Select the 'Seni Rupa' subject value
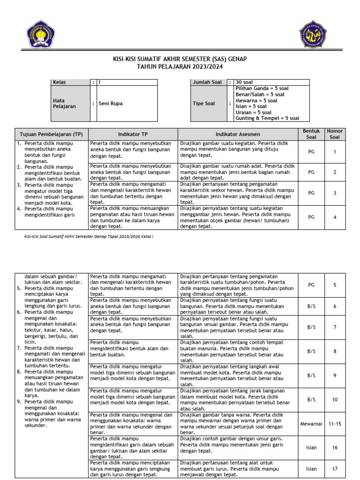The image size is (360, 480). click(111, 104)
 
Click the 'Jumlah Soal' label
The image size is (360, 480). click(207, 82)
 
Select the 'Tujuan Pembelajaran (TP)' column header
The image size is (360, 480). click(50, 134)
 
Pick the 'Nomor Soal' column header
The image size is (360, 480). click(335, 134)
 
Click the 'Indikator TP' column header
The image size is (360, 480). click(133, 134)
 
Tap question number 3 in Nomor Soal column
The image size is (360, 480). click(335, 193)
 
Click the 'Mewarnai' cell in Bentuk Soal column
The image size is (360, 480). click(311, 424)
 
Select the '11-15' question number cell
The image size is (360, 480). click(335, 424)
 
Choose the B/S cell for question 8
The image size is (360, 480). click(311, 351)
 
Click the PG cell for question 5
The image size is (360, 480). click(311, 285)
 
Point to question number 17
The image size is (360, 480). click(335, 469)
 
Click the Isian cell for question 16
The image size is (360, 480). click(311, 448)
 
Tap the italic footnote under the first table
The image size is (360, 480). click(89, 237)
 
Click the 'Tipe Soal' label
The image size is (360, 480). click(204, 104)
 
